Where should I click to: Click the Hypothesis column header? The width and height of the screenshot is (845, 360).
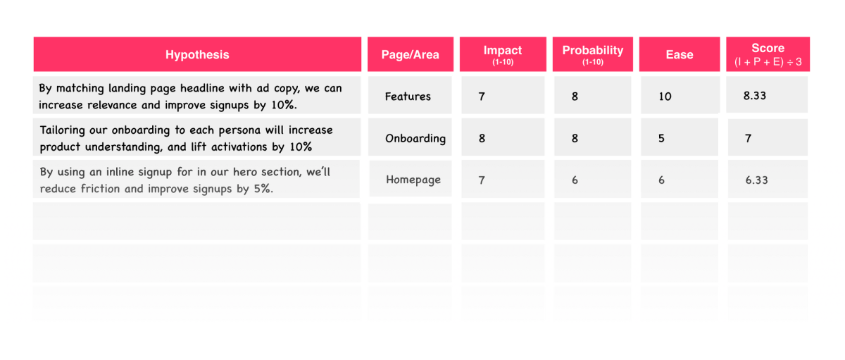197,54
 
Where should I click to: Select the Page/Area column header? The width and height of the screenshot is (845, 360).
411,54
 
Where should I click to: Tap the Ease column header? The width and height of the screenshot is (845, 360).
680,54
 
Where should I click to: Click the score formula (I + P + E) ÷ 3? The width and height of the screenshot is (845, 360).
768,62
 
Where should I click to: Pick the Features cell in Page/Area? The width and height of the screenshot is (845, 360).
408,97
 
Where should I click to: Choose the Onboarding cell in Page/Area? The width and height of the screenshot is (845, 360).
415,139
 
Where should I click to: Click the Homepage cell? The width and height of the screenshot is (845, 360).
413,180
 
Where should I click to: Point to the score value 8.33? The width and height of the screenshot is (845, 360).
755,96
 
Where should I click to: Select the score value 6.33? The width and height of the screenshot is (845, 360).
757,180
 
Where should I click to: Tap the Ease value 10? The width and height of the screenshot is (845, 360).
665,97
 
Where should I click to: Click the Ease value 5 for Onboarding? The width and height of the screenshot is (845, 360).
661,139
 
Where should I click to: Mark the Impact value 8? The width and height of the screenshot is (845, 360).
482,139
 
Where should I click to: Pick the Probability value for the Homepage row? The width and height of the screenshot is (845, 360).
575,180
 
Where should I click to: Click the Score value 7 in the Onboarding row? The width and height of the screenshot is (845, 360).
748,139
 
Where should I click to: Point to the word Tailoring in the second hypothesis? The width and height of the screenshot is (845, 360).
62,130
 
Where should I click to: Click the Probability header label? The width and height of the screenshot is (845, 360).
593,51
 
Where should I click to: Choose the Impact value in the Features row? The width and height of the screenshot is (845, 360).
482,97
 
